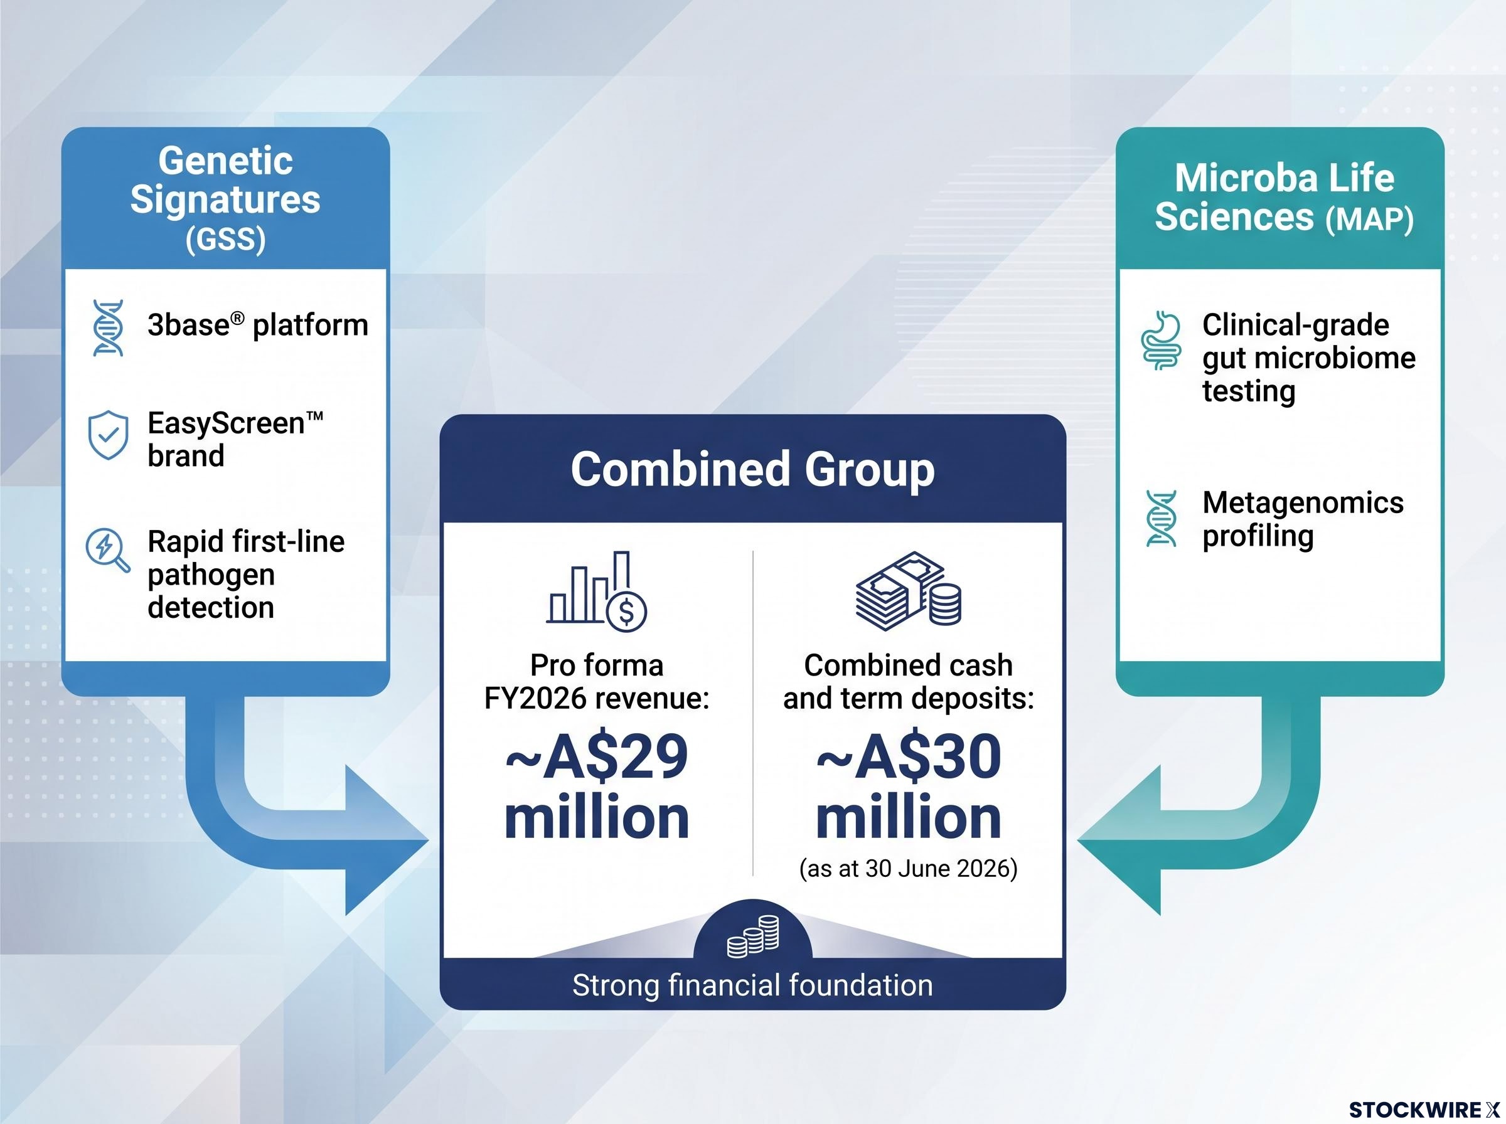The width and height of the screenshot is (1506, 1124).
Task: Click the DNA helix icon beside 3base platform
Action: coord(108,328)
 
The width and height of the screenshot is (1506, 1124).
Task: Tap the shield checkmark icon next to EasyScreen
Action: coord(108,435)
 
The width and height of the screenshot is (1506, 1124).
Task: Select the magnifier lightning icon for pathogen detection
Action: coord(107,549)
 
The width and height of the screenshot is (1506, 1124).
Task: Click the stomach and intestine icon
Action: coord(1160,340)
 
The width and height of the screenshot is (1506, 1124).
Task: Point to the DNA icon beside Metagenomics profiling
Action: coord(1161,519)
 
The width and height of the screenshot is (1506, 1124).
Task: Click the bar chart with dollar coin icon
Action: coord(596,591)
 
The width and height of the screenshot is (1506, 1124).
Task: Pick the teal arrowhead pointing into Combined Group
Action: coord(1119,840)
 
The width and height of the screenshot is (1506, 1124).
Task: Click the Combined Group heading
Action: coord(752,469)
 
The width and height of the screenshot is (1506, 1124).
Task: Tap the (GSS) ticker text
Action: coord(225,239)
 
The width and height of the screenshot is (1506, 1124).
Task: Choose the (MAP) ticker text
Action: coord(1369,219)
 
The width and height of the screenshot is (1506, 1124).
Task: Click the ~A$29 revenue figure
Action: coord(597,757)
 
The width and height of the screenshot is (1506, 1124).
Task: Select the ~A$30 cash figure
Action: coord(909,757)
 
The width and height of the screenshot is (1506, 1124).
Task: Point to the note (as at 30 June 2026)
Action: coord(909,869)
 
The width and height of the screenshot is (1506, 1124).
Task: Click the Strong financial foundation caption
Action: coord(752,985)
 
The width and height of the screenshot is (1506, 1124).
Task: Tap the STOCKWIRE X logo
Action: coord(1424,1110)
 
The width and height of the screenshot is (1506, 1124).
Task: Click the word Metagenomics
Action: coord(1303,503)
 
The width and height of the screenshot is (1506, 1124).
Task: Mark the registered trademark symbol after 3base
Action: coord(237,318)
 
